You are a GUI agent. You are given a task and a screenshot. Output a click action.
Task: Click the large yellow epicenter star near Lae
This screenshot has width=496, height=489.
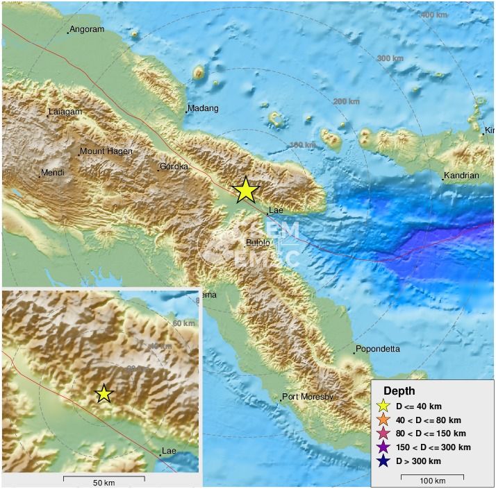[245, 190]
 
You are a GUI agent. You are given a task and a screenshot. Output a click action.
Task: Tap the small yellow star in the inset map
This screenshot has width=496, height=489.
[104, 393]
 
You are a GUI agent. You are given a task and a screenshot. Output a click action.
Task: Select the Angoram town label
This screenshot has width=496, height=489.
[87, 29]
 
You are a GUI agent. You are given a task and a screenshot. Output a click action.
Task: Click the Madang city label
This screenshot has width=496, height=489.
[204, 108]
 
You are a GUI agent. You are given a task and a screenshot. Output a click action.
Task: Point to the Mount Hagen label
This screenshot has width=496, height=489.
[106, 151]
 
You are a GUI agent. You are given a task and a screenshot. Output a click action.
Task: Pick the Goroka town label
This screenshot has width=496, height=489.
[174, 166]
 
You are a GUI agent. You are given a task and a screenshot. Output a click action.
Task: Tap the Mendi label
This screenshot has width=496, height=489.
[53, 172]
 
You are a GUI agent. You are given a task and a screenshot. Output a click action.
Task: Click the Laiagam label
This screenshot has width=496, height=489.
[64, 112]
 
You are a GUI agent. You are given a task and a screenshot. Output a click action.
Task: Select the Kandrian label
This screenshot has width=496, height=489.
[462, 175]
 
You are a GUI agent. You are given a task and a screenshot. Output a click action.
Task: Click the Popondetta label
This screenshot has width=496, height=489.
[377, 349]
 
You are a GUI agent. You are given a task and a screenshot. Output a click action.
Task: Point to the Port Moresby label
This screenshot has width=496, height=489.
[307, 397]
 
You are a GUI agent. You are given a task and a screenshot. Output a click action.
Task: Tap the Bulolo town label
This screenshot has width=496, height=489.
[258, 242]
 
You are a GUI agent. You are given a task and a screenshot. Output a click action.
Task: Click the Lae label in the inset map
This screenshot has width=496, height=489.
[169, 451]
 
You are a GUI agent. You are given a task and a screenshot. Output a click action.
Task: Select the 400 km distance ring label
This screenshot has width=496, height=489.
[434, 15]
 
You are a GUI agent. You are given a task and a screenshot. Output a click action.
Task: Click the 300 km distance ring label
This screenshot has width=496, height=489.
[390, 58]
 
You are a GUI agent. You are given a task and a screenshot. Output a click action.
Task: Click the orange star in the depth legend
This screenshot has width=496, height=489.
[383, 420]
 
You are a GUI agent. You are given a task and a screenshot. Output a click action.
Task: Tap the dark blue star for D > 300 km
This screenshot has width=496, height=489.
[383, 461]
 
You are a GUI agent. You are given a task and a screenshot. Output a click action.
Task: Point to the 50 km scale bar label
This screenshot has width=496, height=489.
[104, 482]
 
